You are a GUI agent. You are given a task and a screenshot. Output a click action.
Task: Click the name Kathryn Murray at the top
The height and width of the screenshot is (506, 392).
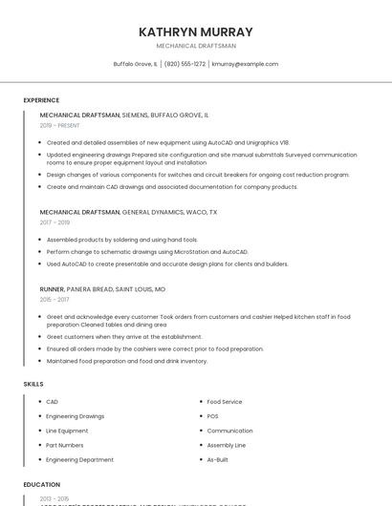pyautogui.click(x=196, y=32)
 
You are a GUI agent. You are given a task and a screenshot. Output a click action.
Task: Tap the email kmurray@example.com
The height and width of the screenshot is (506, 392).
pyautogui.click(x=245, y=64)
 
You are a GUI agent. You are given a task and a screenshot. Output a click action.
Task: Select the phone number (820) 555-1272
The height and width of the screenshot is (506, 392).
pyautogui.click(x=185, y=64)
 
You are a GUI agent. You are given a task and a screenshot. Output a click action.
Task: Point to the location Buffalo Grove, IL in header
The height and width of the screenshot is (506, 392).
pyautogui.click(x=135, y=64)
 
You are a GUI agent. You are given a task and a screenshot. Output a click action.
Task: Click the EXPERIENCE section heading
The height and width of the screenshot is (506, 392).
pyautogui.click(x=41, y=100)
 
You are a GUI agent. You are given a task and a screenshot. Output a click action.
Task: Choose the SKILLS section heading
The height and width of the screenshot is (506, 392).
pyautogui.click(x=33, y=384)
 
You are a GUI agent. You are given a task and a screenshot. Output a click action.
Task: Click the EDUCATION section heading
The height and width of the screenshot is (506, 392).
pyautogui.click(x=42, y=485)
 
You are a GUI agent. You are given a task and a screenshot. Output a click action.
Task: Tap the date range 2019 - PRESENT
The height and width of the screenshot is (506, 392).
pyautogui.click(x=60, y=126)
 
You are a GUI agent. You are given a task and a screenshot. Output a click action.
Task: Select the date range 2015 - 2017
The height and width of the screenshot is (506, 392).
pyautogui.click(x=55, y=300)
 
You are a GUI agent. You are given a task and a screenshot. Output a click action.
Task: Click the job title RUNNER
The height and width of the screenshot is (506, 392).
pyautogui.click(x=52, y=288)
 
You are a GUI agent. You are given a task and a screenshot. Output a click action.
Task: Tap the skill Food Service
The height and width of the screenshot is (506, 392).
pyautogui.click(x=225, y=402)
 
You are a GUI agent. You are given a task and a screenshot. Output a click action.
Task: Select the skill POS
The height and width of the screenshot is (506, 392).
pyautogui.click(x=212, y=416)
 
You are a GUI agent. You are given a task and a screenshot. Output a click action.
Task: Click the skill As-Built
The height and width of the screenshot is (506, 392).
pyautogui.click(x=217, y=459)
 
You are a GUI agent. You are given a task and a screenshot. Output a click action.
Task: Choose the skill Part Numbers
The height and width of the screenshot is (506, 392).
pyautogui.click(x=64, y=445)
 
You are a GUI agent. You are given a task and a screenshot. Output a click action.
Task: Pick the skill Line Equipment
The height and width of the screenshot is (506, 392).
pyautogui.click(x=67, y=431)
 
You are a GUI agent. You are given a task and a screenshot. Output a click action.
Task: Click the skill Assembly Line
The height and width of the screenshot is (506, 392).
pyautogui.click(x=227, y=445)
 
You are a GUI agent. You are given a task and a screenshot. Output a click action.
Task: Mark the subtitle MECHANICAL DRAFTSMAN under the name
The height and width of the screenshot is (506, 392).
pyautogui.click(x=196, y=46)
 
